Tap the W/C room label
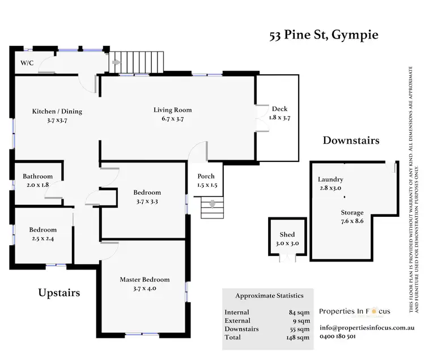pos(27,63)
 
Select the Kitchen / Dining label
pos(57,111)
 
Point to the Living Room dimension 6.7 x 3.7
pos(173,119)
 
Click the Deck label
pos(280,109)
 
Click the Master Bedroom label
pos(144,280)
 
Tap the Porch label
pos(206,177)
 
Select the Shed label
pos(287,234)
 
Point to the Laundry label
pos(330,179)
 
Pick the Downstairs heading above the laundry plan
pos(351,140)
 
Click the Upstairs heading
pos(59,293)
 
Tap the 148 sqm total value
pos(298,337)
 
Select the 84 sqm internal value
pos(299,312)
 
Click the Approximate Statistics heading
pos(269,295)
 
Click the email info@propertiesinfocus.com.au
pos(368,328)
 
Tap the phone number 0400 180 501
pos(338,336)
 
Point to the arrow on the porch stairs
pos(213,204)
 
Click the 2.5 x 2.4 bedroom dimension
pos(43,238)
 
